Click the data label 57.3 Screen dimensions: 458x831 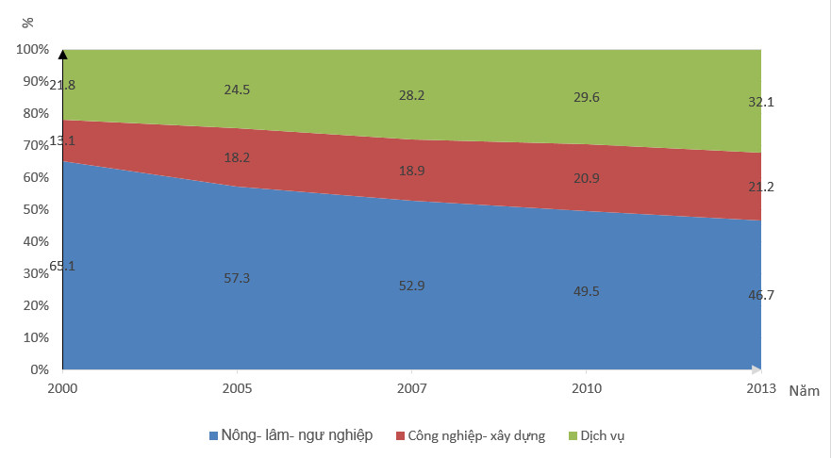[237, 278]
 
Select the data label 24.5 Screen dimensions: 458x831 [237, 90]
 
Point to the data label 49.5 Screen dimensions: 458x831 [586, 292]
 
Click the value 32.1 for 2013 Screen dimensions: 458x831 [760, 102]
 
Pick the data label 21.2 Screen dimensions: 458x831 [760, 187]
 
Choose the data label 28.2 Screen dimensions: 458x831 [411, 95]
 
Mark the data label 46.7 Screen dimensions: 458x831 [760, 295]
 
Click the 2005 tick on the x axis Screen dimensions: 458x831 [237, 388]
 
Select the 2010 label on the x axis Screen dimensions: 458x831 [586, 388]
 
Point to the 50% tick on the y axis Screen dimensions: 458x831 [35, 209]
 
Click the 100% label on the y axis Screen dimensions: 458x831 [32, 49]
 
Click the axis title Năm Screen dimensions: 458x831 [805, 390]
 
